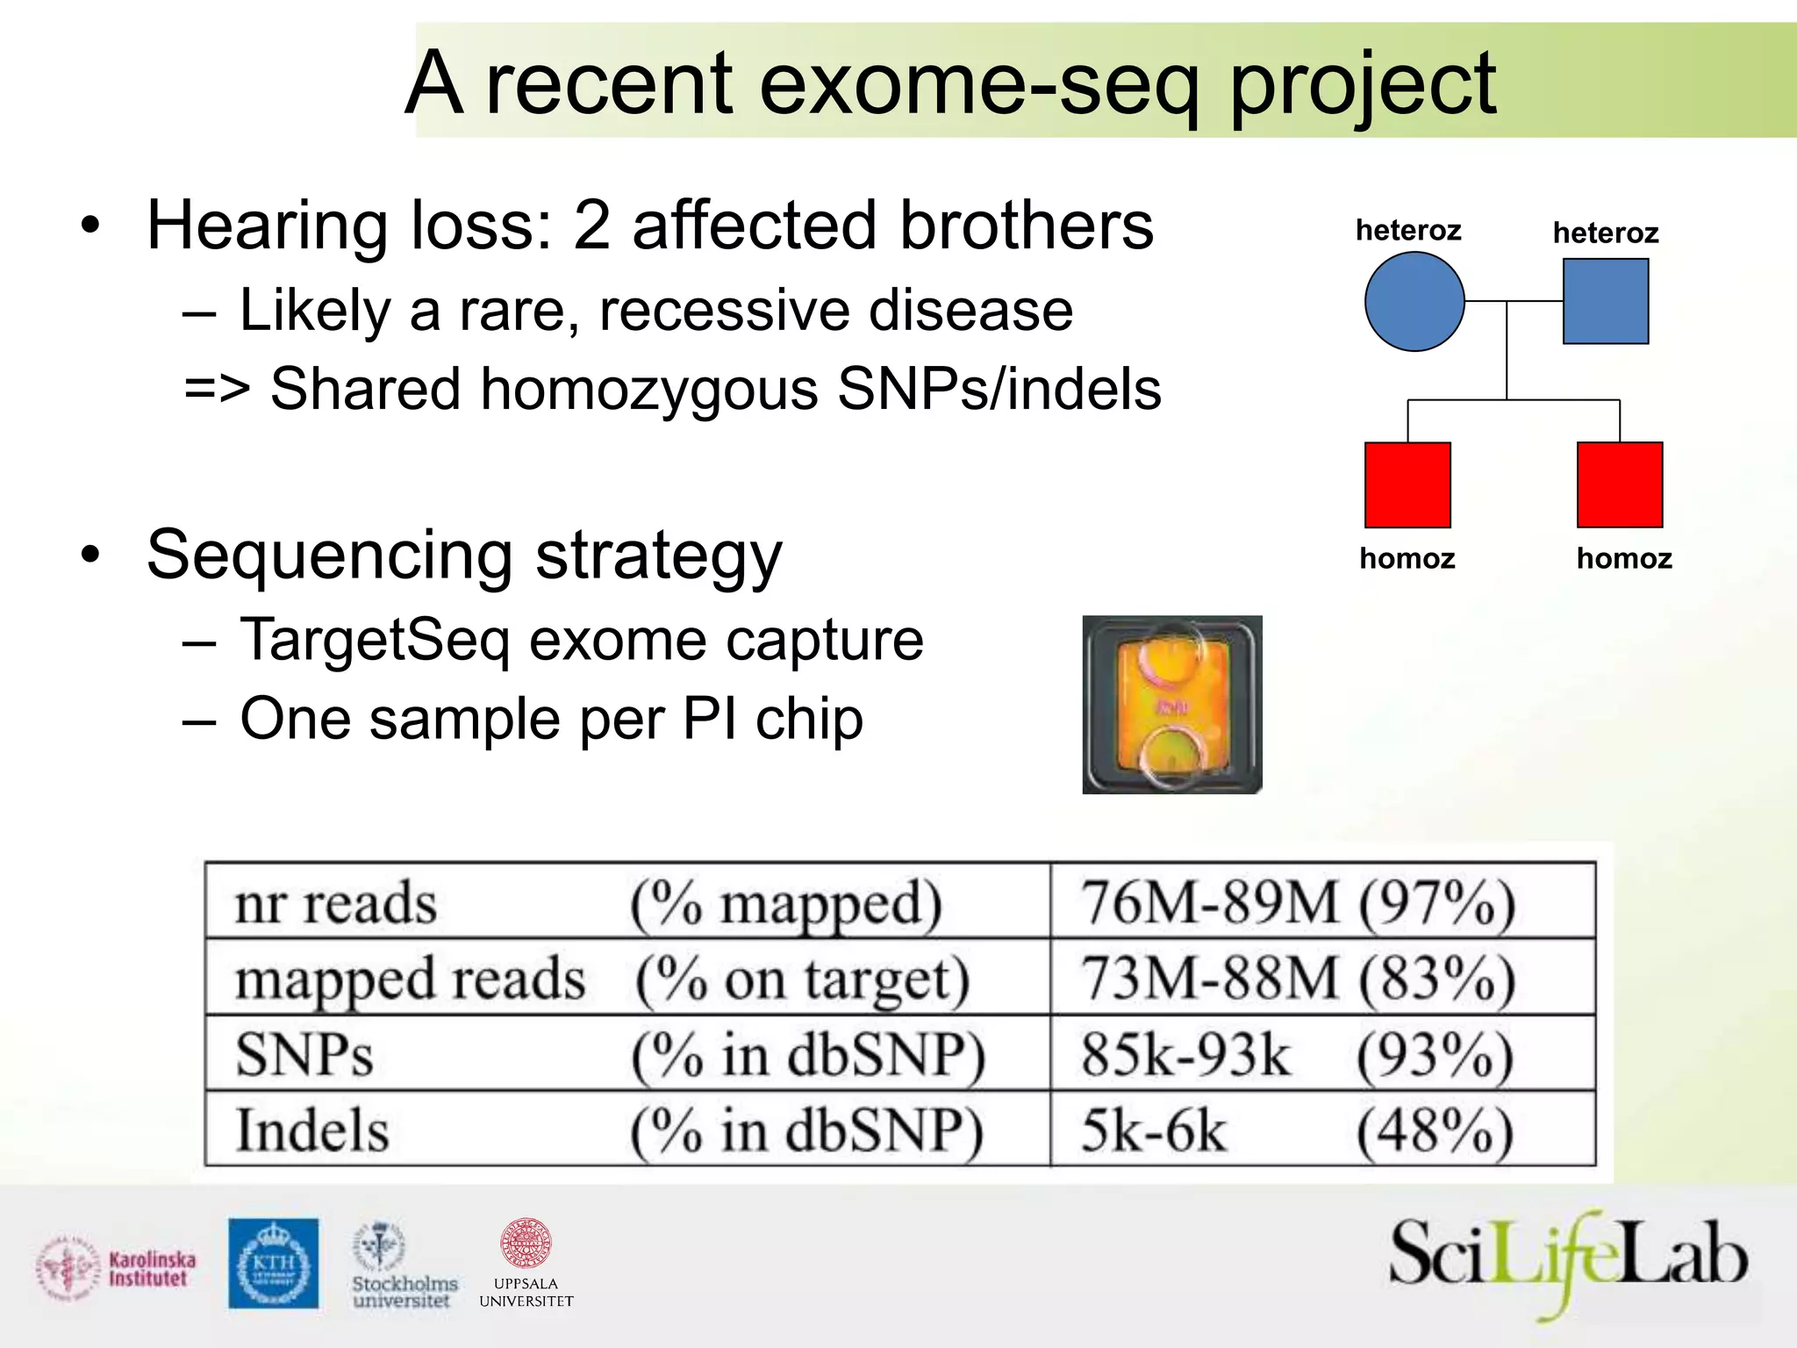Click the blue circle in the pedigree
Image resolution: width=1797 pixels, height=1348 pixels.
point(1414,302)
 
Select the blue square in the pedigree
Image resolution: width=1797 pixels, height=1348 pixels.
point(1605,301)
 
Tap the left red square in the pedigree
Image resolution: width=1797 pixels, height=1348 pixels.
point(1407,484)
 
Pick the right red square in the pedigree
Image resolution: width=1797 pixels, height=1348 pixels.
point(1620,484)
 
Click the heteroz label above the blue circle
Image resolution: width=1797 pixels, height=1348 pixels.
point(1408,230)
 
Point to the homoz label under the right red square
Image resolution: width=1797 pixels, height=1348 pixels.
point(1624,558)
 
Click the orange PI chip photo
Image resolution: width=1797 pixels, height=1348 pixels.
point(1172,705)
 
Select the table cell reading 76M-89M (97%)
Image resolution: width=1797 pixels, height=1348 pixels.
point(1298,902)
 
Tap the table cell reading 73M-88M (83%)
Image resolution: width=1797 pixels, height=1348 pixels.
point(1298,978)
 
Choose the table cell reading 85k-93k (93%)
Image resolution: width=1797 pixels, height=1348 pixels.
point(1298,1054)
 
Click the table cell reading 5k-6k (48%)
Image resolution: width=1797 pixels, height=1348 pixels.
point(1298,1129)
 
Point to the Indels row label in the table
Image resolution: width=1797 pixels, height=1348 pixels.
point(312,1129)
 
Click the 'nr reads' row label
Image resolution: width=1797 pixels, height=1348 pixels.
point(336,903)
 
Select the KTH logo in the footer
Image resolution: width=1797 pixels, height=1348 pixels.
point(274,1264)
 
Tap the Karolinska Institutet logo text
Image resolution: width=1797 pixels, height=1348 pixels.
point(152,1269)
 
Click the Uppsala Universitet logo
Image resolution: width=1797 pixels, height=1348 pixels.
point(526,1264)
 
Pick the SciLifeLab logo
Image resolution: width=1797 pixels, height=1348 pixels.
point(1568,1261)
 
